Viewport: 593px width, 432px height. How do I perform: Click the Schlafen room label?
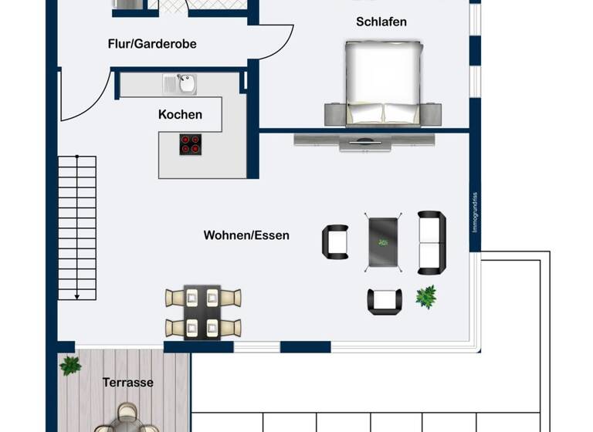coord(381,22)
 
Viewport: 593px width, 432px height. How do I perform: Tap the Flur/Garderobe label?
coord(152,44)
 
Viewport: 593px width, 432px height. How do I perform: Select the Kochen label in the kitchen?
coord(180,114)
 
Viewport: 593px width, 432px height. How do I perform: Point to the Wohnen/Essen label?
coord(246,235)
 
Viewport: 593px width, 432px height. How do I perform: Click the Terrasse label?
coord(127,382)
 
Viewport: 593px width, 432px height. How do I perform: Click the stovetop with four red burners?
coord(190,144)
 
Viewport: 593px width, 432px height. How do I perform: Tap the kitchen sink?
coord(184,81)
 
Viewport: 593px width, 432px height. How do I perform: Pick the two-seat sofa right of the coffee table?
coord(431,242)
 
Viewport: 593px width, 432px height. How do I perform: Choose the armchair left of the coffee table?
coord(335,241)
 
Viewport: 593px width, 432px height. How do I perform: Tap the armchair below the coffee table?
coord(384,301)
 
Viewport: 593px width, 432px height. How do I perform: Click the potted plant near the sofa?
coord(425,295)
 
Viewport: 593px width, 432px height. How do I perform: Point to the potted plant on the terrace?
coord(70,365)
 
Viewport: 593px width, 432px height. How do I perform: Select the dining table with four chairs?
coord(203,312)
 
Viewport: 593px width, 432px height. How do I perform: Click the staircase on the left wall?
coord(77,228)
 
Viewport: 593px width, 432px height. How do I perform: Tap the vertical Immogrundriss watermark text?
coord(476,212)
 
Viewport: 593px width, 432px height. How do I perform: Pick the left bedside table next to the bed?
coord(334,113)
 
